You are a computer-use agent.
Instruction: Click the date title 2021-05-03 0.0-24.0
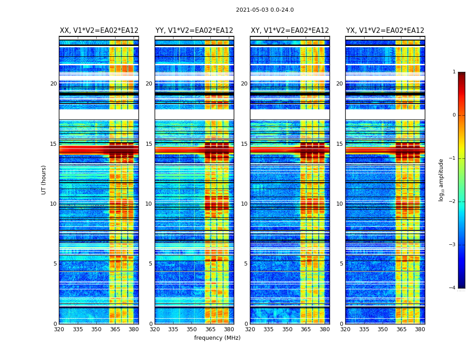(265, 10)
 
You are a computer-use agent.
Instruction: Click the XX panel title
(99, 31)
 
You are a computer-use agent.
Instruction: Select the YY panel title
(194, 31)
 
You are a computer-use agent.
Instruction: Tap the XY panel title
(289, 31)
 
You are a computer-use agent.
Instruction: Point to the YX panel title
(385, 31)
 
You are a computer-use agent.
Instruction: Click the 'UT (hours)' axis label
(44, 180)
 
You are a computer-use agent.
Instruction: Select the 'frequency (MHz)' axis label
(217, 338)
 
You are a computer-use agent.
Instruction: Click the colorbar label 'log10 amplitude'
(441, 180)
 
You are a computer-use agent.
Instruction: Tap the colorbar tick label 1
(454, 72)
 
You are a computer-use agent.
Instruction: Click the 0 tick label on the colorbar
(454, 115)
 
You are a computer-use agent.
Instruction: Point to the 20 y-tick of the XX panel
(53, 84)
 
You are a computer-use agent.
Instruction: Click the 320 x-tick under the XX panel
(59, 329)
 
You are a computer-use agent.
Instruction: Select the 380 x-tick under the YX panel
(420, 329)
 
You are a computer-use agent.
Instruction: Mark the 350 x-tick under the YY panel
(191, 329)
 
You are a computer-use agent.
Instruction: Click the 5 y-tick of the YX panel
(341, 264)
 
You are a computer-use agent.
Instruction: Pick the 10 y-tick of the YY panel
(149, 204)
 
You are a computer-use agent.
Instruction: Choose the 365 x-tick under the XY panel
(306, 329)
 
